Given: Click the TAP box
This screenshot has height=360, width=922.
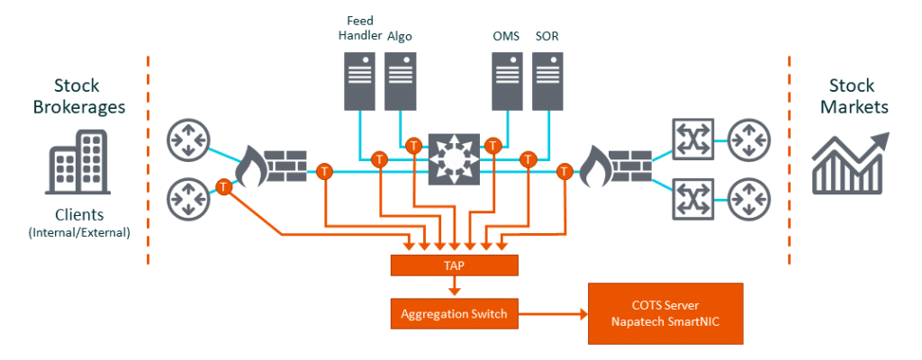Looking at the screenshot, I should [454, 265].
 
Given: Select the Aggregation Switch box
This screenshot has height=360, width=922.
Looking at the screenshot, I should [454, 314].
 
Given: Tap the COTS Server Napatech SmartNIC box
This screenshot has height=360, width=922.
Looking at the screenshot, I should [665, 314].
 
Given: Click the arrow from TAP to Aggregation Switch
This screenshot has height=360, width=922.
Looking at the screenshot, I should [454, 287].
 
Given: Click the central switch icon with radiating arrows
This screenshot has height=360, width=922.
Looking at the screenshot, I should [453, 156].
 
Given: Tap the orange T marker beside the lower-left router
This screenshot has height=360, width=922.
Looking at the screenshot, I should [222, 187].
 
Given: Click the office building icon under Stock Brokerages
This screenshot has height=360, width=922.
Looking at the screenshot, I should [77, 164].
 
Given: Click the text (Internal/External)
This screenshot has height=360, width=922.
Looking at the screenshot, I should [77, 232].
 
